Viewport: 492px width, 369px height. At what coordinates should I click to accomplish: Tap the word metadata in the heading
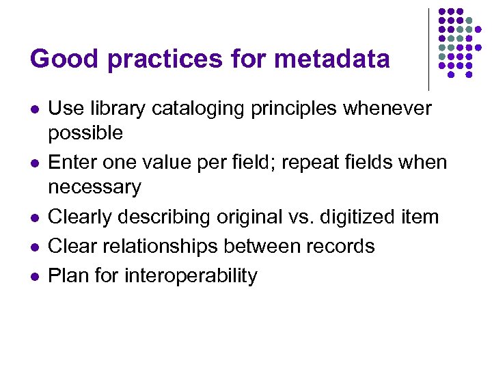pos(331,59)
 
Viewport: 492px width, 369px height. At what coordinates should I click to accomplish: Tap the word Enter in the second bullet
pos(74,163)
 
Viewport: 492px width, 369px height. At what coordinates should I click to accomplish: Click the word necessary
pos(94,187)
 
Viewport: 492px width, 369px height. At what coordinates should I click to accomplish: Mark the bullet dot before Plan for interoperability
pos(33,277)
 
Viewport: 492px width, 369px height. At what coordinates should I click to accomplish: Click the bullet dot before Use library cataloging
pos(33,109)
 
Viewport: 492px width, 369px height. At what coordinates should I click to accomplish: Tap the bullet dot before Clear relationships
pos(33,247)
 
